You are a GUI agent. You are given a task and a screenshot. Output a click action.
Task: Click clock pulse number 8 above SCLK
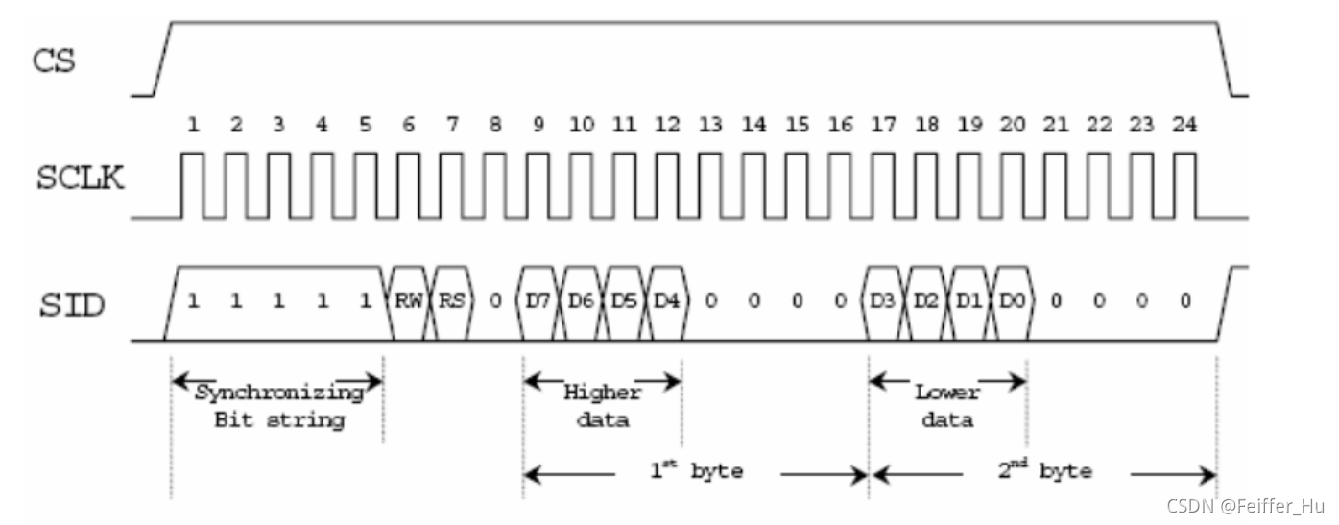point(495,125)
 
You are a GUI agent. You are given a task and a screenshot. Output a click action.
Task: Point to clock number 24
point(1184,125)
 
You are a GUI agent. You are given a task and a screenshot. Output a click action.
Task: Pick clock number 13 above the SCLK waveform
point(711,125)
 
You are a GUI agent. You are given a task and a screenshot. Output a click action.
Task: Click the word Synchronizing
point(279,393)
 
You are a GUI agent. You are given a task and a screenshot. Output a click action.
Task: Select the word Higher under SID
point(602,393)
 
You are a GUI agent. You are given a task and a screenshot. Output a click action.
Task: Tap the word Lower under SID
point(946,393)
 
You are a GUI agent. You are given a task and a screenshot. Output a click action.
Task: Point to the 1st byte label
point(696,471)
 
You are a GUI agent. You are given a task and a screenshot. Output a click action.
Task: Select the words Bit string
point(279,419)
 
